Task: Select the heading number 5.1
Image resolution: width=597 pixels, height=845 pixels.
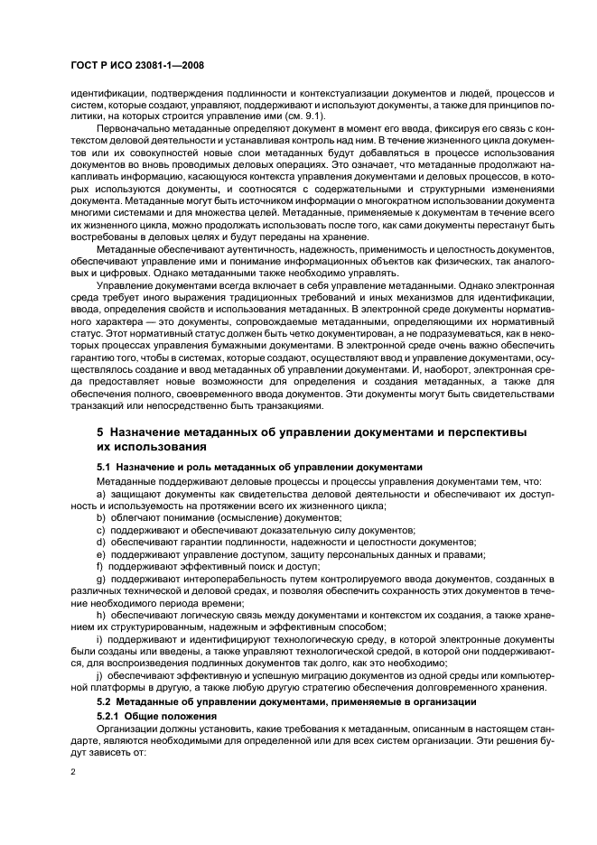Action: point(106,468)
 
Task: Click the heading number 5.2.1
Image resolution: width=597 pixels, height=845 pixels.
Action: point(111,711)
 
